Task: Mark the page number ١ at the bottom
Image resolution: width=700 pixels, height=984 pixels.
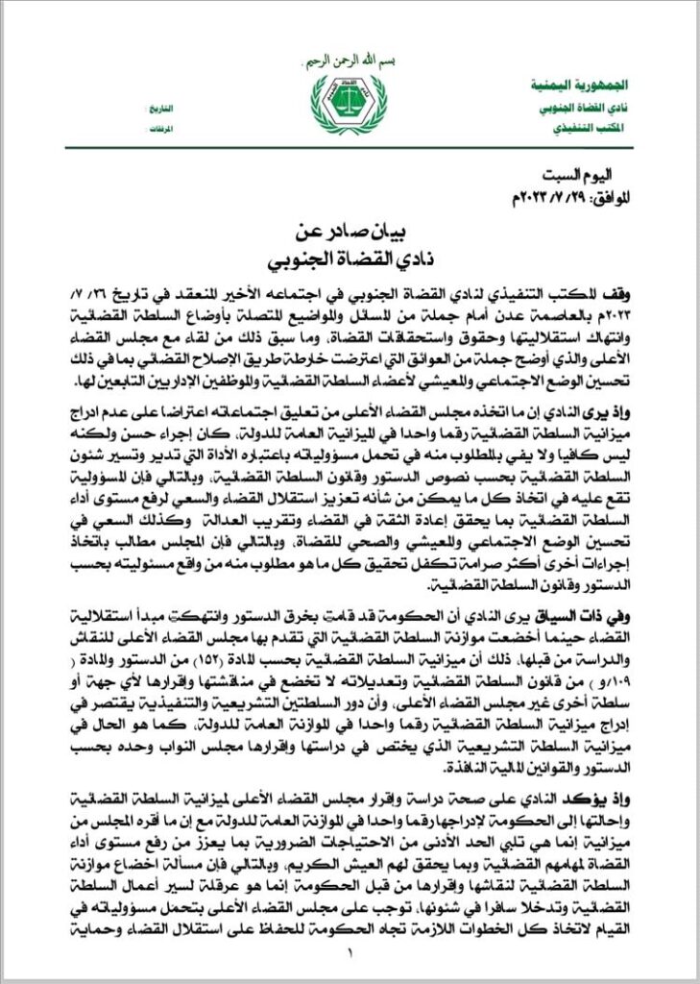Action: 350,953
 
